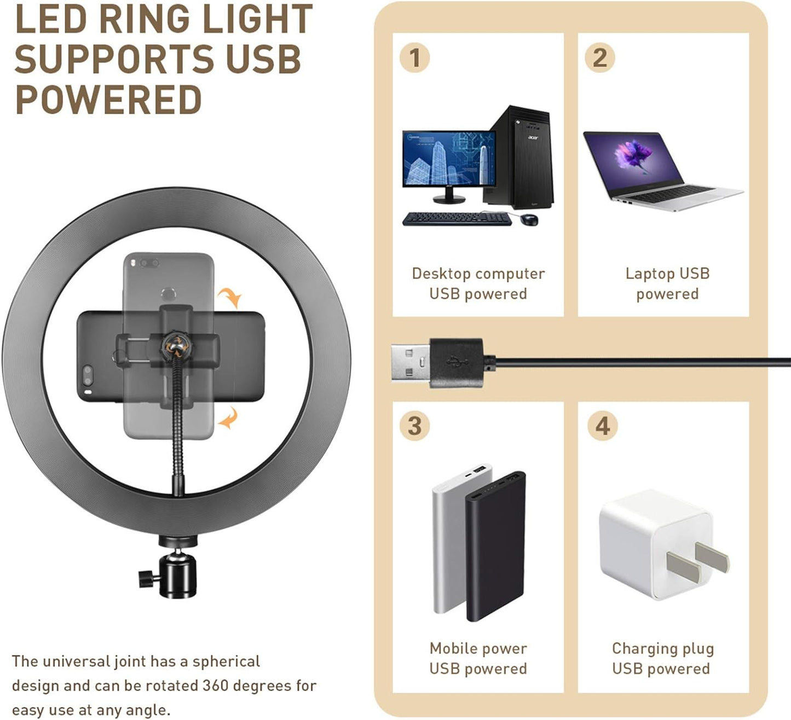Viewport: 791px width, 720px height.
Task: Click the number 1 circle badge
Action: click(414, 58)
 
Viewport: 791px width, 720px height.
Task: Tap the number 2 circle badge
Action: click(600, 58)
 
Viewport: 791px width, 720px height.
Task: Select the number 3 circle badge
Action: click(414, 426)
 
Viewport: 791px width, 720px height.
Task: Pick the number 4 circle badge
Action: click(602, 426)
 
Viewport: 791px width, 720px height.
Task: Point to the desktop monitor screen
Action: click(448, 159)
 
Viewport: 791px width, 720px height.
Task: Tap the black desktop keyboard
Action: click(457, 219)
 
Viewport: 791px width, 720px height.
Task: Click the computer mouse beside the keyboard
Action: click(529, 219)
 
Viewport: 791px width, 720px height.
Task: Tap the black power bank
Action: click(495, 544)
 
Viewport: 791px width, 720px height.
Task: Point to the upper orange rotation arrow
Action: click(230, 297)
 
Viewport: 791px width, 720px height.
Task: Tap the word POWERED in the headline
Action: click(108, 100)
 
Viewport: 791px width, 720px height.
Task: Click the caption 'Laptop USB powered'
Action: click(667, 283)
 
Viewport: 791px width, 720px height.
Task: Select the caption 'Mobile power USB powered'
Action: click(478, 658)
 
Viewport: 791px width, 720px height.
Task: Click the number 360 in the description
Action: click(216, 686)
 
